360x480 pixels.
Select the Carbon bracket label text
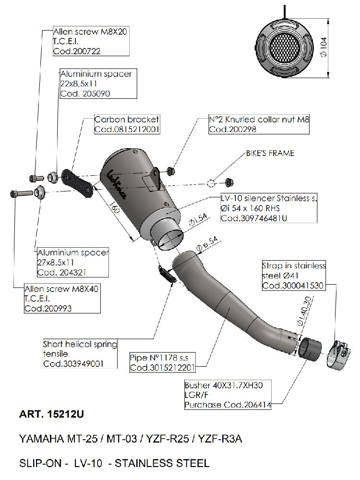[x=126, y=120]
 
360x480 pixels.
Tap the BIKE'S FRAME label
[x=270, y=153]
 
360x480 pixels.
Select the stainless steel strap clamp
[x=340, y=356]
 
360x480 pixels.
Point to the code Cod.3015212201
[x=162, y=368]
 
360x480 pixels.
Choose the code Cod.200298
[x=232, y=130]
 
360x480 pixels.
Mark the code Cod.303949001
[x=73, y=364]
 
